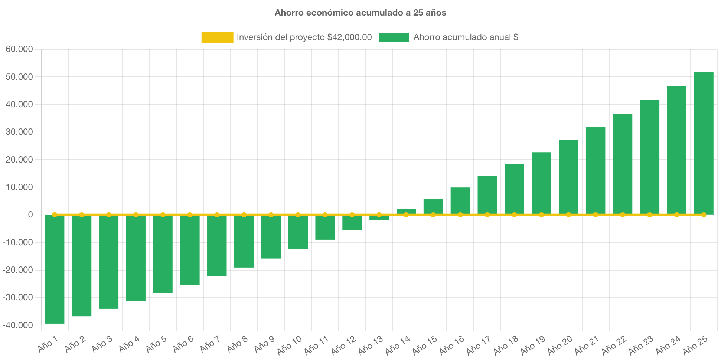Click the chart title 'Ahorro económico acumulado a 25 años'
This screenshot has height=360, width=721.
[x=360, y=13]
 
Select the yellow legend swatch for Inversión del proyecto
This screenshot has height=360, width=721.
[x=217, y=37]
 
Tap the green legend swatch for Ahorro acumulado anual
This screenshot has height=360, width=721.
[x=394, y=37]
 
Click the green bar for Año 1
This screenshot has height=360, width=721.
[x=55, y=269]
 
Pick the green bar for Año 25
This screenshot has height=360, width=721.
[x=704, y=143]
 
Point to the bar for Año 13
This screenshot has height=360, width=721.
[x=379, y=218]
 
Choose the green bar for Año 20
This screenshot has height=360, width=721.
[x=568, y=177]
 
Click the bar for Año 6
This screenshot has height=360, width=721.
[x=190, y=250]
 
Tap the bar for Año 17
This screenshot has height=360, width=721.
[x=487, y=195]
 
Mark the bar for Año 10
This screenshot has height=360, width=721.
[x=298, y=232]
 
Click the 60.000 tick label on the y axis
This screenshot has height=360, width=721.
[x=19, y=49]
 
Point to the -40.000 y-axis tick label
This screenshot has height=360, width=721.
[x=18, y=325]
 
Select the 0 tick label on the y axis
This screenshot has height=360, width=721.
[x=30, y=215]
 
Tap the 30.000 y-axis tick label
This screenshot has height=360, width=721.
[x=19, y=132]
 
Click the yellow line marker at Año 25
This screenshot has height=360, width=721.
[x=704, y=215]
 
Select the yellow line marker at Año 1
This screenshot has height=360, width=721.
[x=55, y=215]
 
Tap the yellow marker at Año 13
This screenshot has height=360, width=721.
[x=379, y=215]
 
